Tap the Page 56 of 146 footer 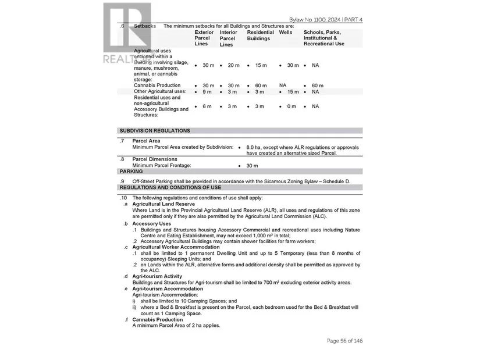(x=344, y=341)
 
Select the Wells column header (x=286, y=32)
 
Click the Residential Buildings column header (x=260, y=35)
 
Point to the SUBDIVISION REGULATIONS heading (x=155, y=131)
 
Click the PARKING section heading (x=131, y=172)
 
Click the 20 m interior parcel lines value (x=233, y=66)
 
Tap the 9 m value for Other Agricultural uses (x=207, y=92)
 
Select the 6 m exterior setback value (x=207, y=106)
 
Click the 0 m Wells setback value (x=291, y=106)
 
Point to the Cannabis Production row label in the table (x=157, y=85)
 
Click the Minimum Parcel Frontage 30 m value (x=252, y=166)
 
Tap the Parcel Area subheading (x=146, y=141)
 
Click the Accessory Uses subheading (x=151, y=223)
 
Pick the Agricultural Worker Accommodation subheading (x=173, y=247)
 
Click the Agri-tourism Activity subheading (x=157, y=276)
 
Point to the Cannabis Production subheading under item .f (x=157, y=319)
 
